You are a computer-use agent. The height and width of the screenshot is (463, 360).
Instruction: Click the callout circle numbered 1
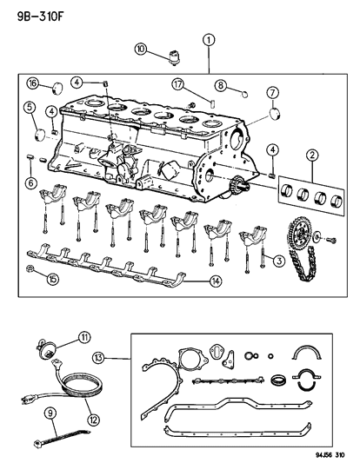tap(208, 39)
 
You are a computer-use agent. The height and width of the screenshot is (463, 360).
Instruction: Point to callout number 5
tap(30, 109)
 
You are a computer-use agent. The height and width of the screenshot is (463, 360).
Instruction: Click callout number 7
tap(271, 93)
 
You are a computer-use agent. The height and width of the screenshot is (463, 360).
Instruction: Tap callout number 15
tap(29, 279)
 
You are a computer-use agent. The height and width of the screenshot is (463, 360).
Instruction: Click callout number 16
tap(31, 83)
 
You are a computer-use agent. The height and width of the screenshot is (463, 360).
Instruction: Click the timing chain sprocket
tap(301, 236)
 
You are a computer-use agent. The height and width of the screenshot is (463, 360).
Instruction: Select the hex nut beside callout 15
tap(30, 268)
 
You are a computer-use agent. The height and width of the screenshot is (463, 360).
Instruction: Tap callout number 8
tap(223, 85)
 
